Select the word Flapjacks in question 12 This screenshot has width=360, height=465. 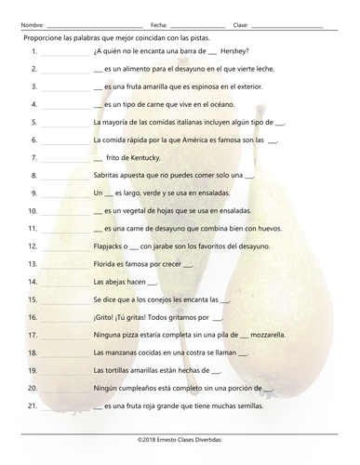coord(112,246)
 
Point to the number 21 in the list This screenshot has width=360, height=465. coord(32,405)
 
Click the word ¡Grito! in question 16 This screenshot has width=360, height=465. coord(105,316)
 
